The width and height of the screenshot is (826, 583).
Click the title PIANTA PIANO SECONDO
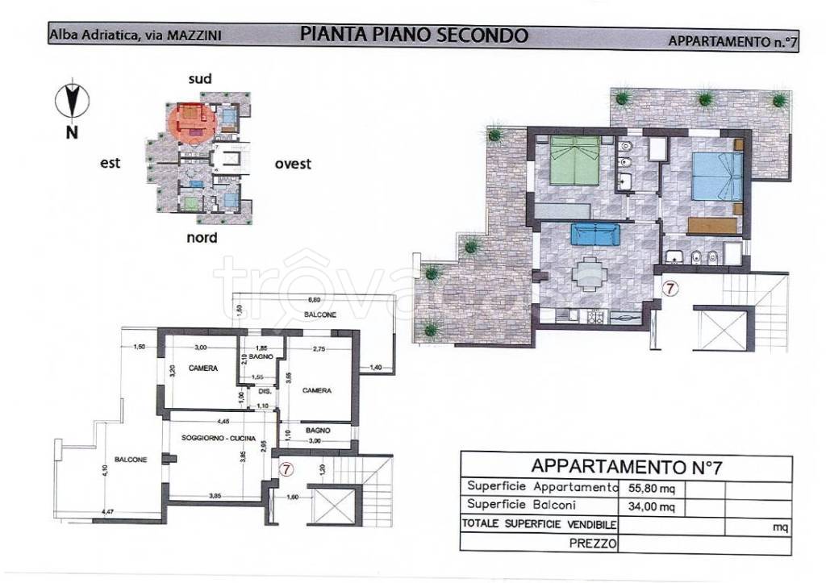(x=414, y=35)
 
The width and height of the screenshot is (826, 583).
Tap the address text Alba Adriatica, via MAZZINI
(x=136, y=35)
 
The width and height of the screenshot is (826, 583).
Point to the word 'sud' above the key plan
(x=199, y=78)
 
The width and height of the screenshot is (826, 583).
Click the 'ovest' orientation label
(x=292, y=164)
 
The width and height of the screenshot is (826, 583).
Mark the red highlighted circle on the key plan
(x=193, y=122)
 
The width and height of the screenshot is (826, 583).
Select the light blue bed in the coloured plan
(x=717, y=177)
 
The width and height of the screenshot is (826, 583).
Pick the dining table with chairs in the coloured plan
(x=592, y=273)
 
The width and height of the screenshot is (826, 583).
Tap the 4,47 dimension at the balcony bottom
(x=106, y=511)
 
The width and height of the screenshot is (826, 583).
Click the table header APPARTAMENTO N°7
(x=624, y=466)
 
